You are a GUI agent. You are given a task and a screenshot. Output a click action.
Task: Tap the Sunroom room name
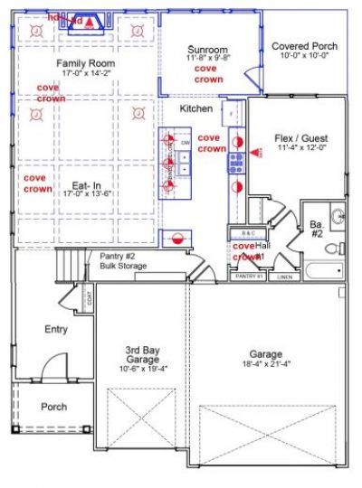click(207, 49)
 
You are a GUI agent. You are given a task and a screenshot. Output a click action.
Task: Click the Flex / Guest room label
click(299, 139)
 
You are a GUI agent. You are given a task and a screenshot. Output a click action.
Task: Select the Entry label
click(56, 329)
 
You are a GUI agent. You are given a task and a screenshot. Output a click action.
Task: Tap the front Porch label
click(54, 407)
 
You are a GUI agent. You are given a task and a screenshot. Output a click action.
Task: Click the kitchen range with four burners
click(235, 163)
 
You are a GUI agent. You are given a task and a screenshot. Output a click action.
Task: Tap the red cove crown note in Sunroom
click(206, 73)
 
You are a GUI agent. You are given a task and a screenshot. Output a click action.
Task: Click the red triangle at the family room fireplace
click(89, 22)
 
